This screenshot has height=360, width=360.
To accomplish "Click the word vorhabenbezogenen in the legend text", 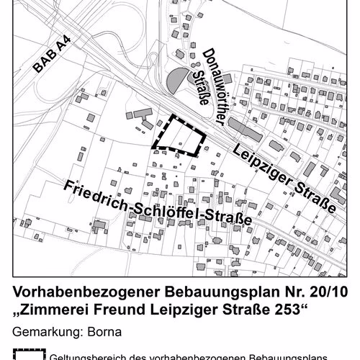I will point(204,356).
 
